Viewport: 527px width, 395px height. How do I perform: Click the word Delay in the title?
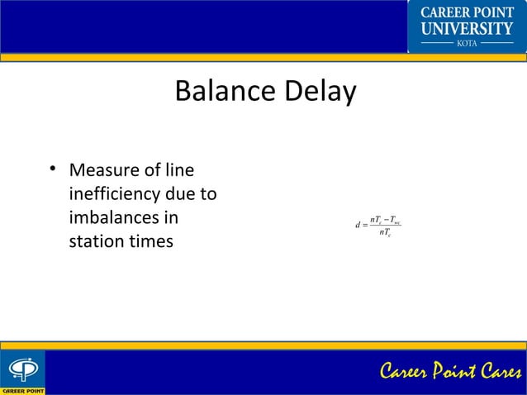[319, 91]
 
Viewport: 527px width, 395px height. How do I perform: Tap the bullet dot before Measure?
[52, 170]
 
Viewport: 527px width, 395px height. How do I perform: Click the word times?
[150, 242]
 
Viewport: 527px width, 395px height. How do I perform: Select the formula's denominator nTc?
[384, 233]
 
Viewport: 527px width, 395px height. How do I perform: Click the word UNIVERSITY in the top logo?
[468, 29]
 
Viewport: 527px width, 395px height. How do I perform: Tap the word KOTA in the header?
[467, 43]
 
